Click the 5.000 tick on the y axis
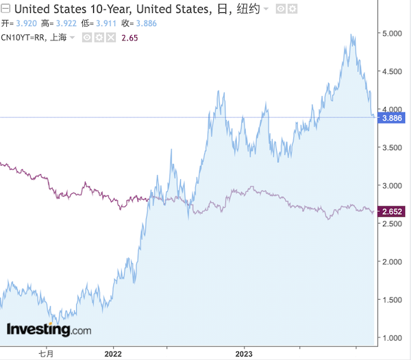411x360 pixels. (393, 33)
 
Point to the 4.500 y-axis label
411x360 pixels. (393, 71)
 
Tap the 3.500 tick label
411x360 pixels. (393, 147)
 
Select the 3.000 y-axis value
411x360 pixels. (393, 185)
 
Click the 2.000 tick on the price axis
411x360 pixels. (393, 261)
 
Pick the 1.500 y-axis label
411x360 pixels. (393, 300)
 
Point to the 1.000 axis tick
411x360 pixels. (393, 337)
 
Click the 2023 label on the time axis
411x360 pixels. (244, 354)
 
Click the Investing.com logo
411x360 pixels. (48, 330)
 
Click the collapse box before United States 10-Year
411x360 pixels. (6, 9)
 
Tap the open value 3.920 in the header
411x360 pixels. (26, 23)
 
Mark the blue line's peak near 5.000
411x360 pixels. (352, 36)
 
